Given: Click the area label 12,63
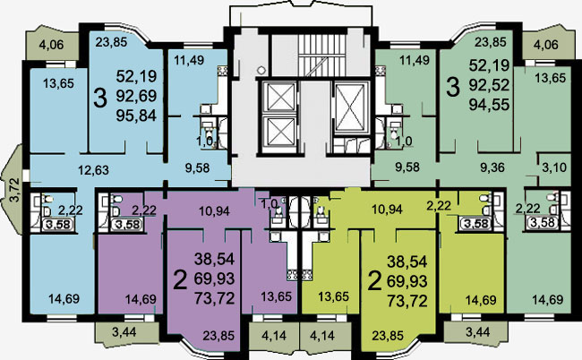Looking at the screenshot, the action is click(x=93, y=170).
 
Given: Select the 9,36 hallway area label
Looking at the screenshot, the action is click(x=492, y=167).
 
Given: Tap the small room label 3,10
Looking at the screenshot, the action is click(x=554, y=167).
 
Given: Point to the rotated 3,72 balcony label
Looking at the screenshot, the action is click(x=13, y=190).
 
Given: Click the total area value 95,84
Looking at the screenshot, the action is click(x=136, y=116).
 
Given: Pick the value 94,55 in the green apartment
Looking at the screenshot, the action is click(x=489, y=105).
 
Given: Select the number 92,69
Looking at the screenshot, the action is click(x=136, y=96).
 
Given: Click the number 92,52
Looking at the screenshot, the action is click(x=489, y=85).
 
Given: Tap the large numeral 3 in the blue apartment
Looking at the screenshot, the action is click(x=100, y=98).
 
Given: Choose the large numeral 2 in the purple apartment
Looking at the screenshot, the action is click(x=181, y=279).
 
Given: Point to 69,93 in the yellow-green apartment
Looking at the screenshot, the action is click(x=407, y=281).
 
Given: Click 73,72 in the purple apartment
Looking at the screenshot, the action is click(x=215, y=297).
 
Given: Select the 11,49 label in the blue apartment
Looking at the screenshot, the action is click(x=189, y=60).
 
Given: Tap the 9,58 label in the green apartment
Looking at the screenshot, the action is click(x=407, y=167).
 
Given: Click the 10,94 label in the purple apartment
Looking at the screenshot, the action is click(x=215, y=211).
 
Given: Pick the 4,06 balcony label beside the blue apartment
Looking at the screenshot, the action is click(x=52, y=45).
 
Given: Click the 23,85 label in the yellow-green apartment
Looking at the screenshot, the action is click(x=388, y=336).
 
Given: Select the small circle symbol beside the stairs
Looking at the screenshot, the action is click(x=261, y=70).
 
